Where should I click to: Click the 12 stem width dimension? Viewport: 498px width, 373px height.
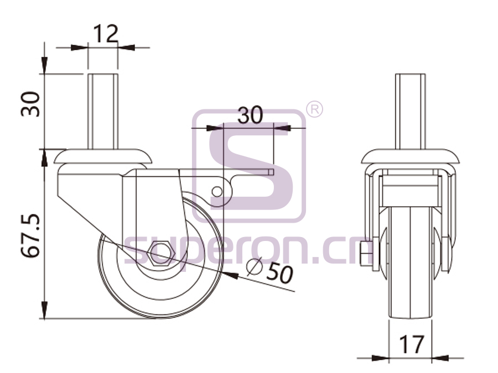click(x=106, y=34)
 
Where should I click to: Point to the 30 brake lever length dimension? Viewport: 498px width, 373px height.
click(x=250, y=115)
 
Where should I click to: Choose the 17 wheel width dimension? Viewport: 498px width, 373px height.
click(x=411, y=344)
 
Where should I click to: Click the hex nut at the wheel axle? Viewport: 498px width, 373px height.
click(x=163, y=253)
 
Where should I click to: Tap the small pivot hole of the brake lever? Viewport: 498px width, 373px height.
click(x=217, y=192)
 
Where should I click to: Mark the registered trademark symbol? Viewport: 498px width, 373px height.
click(x=314, y=109)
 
